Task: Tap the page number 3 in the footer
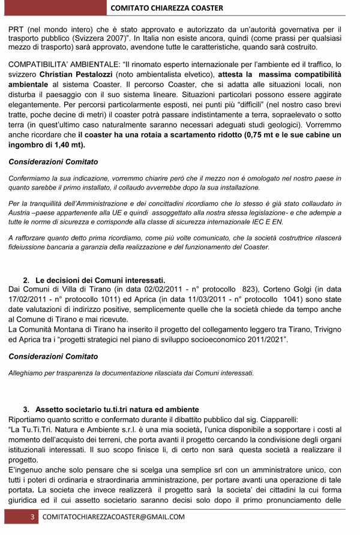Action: tap(34, 518)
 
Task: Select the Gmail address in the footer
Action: tap(114, 518)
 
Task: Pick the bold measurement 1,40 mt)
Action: tap(65, 145)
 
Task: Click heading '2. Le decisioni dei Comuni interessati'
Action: tap(94, 280)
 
